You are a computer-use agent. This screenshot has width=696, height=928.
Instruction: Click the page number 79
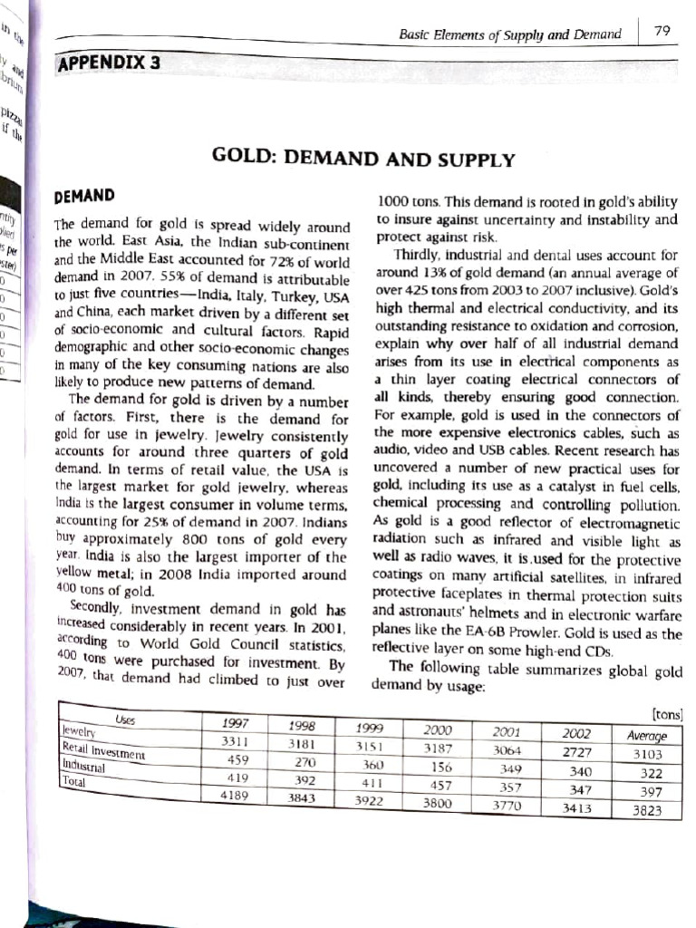(662, 33)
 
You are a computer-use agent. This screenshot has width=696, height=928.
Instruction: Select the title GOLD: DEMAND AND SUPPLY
(362, 159)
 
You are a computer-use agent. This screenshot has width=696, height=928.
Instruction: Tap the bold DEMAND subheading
(85, 196)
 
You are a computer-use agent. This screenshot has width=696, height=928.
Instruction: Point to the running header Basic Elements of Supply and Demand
(509, 34)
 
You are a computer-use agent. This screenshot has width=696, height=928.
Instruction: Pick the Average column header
(647, 736)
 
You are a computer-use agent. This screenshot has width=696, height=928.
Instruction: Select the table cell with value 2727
(575, 752)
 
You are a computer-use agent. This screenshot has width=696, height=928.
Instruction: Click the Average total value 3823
(646, 810)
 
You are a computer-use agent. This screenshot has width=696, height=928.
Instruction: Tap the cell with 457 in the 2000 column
(440, 784)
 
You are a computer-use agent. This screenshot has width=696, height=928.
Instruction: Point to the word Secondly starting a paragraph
(101, 606)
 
